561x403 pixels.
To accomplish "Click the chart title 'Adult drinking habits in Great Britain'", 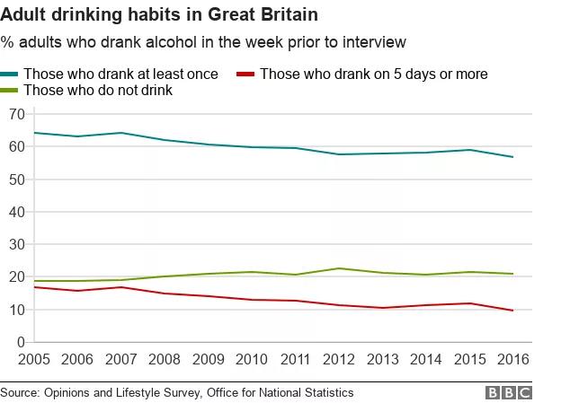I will (159, 16).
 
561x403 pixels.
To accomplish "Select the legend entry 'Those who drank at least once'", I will (120, 74).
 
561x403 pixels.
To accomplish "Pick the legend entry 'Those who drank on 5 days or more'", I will (373, 74).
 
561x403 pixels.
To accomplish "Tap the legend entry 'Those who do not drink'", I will (97, 90).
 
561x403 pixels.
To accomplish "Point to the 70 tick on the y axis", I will (16, 114).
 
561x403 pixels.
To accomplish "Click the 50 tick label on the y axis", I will (16, 180).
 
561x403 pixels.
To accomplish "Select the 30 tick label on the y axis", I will (16, 244).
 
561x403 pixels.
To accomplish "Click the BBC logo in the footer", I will (509, 393).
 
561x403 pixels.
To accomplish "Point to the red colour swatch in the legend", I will (245, 74).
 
